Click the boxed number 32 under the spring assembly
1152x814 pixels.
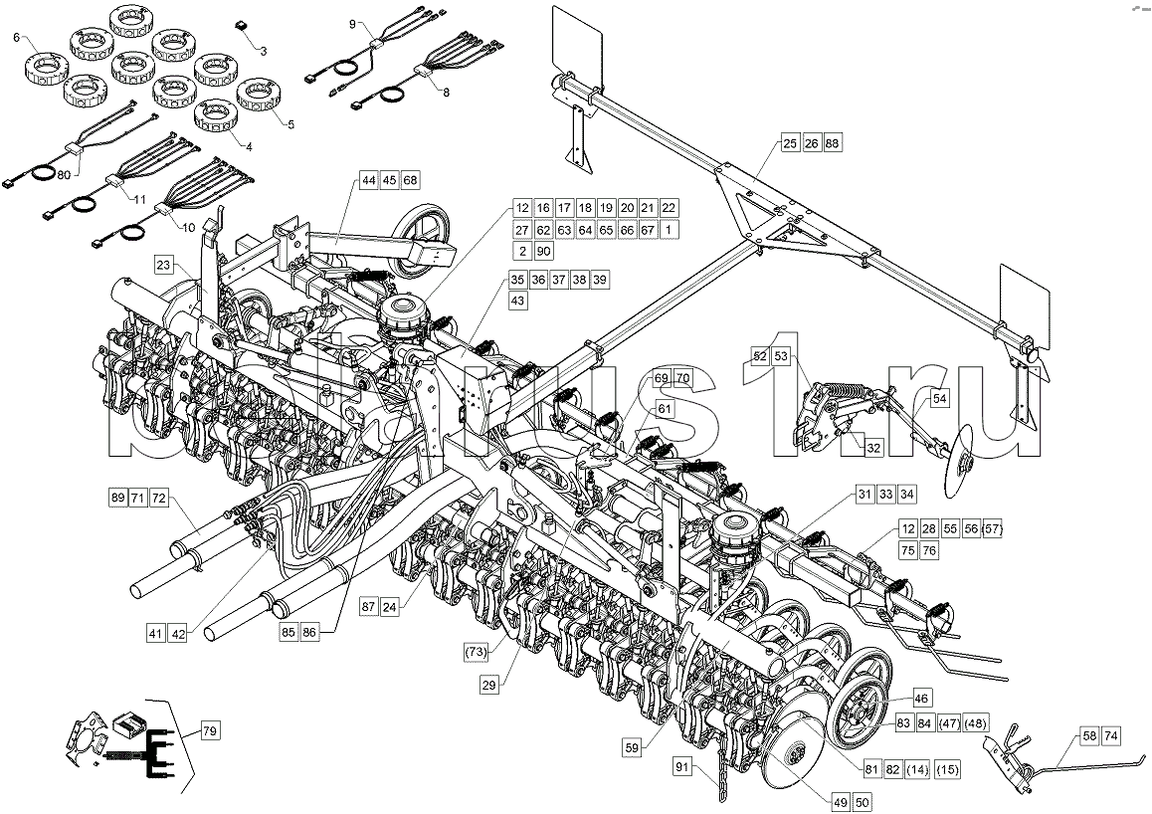click(x=873, y=449)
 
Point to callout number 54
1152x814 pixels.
click(x=940, y=399)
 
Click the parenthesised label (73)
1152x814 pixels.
click(x=479, y=652)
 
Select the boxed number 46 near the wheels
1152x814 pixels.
click(x=921, y=700)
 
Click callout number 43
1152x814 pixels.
click(x=518, y=300)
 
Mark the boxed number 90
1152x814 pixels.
click(x=543, y=252)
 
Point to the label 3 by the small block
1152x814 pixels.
click(x=264, y=49)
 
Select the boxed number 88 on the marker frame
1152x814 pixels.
click(x=833, y=143)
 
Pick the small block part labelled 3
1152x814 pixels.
click(x=240, y=23)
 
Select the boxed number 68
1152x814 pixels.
click(x=411, y=180)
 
